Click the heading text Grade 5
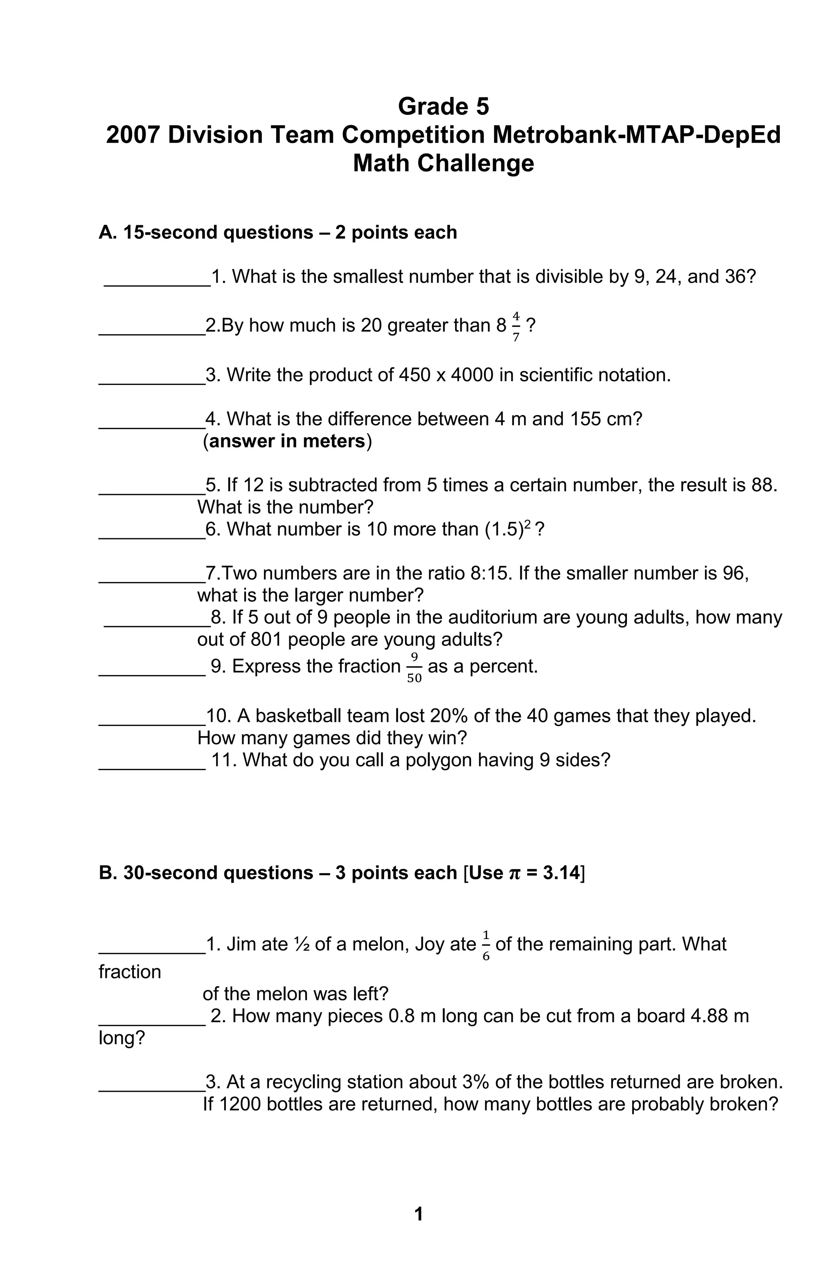(443, 107)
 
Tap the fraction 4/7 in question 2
(516, 326)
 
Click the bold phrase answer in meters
(287, 441)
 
